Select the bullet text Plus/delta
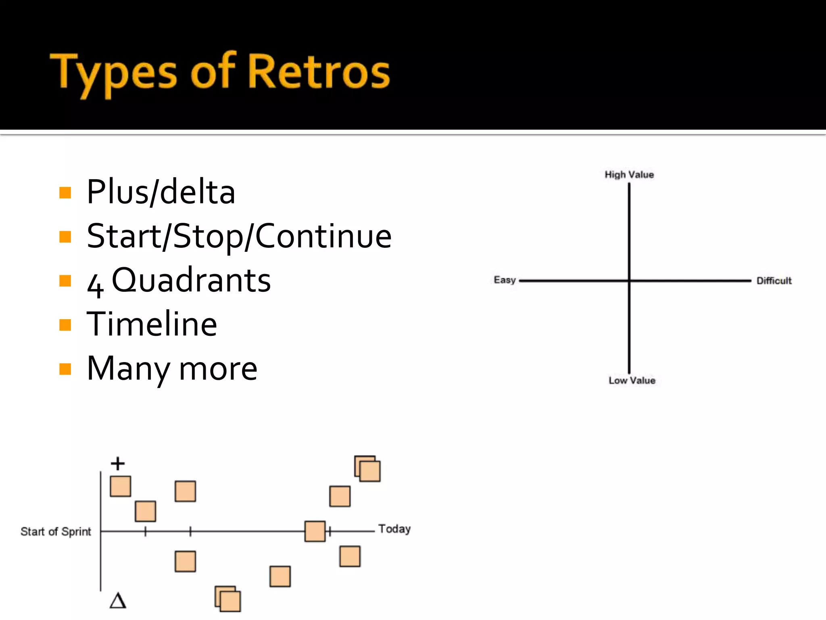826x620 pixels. tap(161, 192)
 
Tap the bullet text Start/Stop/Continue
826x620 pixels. tap(239, 237)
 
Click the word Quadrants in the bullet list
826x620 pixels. tap(191, 281)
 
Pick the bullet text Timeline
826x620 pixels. tap(152, 324)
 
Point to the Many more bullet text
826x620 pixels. tap(172, 369)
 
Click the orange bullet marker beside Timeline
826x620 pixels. tap(65, 325)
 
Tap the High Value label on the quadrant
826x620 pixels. tap(629, 175)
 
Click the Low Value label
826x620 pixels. tap(632, 381)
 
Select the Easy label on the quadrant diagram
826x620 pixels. tap(505, 280)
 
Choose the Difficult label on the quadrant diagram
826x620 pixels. tap(774, 281)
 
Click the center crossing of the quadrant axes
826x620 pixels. tap(629, 281)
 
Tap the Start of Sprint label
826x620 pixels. tap(56, 532)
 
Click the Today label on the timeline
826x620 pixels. tap(394, 529)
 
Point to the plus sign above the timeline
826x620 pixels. tap(118, 463)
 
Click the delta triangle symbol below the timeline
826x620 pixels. tap(118, 601)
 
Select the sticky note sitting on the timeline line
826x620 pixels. tap(315, 531)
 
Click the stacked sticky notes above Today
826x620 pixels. tap(367, 469)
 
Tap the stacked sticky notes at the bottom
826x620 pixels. tap(228, 599)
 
